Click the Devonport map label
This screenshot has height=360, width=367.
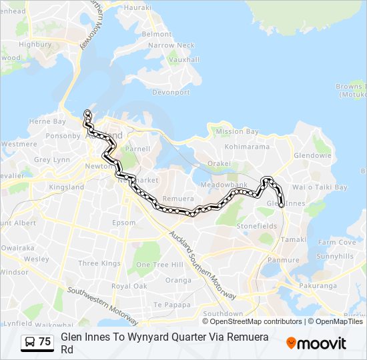pyautogui.click(x=171, y=92)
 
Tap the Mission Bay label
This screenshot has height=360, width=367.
pyautogui.click(x=237, y=132)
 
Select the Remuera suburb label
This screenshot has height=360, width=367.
pyautogui.click(x=178, y=199)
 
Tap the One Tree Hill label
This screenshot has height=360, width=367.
pyautogui.click(x=159, y=265)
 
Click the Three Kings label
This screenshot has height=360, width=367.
pyautogui.click(x=99, y=263)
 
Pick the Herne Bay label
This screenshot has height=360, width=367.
pyautogui.click(x=47, y=121)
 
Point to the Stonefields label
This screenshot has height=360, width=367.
pyautogui.click(x=257, y=226)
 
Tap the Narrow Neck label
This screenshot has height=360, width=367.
pyautogui.click(x=171, y=45)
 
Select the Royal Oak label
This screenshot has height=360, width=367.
pyautogui.click(x=129, y=286)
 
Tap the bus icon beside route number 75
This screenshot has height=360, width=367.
pyautogui.click(x=29, y=342)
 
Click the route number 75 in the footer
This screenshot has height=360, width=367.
pyautogui.click(x=45, y=342)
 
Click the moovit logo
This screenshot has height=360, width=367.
pyautogui.click(x=316, y=343)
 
